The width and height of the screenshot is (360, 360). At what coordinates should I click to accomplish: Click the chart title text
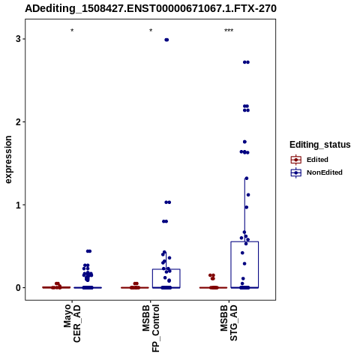(151, 8)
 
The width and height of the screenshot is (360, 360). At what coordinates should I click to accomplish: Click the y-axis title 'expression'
(8, 160)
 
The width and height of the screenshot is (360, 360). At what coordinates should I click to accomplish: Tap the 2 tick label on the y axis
(18, 122)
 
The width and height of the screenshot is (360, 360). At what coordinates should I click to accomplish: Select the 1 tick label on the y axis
(18, 205)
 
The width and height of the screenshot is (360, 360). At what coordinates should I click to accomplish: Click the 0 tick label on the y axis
(18, 288)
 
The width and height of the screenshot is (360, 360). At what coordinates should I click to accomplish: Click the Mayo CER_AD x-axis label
(72, 323)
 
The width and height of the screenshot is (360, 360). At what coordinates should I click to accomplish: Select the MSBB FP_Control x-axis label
(151, 328)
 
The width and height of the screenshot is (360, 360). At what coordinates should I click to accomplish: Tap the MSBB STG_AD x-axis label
(229, 322)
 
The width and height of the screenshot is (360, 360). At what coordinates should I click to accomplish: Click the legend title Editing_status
(320, 145)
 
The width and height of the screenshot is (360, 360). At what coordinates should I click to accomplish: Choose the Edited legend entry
(310, 160)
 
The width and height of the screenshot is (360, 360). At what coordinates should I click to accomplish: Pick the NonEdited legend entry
(316, 172)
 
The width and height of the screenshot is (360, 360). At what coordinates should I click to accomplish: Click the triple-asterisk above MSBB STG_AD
(229, 31)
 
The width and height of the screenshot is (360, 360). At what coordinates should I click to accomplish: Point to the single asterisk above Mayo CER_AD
(72, 31)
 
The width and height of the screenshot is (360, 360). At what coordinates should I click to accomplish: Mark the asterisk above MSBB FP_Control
(151, 31)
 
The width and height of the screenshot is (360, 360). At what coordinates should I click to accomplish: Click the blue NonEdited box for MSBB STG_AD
(244, 241)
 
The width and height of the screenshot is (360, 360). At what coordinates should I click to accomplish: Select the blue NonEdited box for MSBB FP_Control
(166, 269)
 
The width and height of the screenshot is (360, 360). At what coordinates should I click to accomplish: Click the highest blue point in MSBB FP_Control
(166, 40)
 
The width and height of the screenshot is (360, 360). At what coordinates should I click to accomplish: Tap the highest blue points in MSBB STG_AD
(246, 62)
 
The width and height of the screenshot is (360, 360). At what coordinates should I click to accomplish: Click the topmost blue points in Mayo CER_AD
(88, 251)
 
